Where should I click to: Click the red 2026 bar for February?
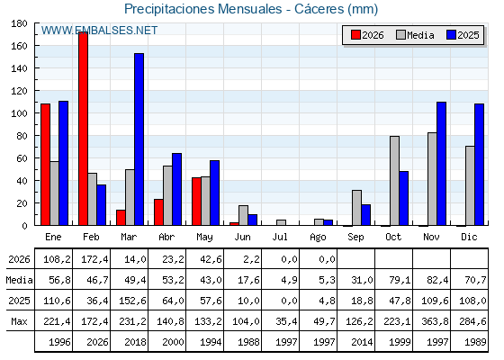click(83, 129)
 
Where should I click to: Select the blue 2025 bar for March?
click(139, 139)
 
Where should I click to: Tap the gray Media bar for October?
click(394, 181)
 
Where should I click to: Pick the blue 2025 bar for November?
click(441, 164)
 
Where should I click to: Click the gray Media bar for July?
click(281, 222)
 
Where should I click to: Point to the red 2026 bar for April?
click(158, 212)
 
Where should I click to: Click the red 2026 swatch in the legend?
click(355, 35)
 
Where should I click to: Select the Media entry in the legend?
click(415, 35)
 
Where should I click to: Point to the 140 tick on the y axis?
click(35, 68)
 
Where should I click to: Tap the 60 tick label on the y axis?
click(22, 158)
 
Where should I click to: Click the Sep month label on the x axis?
click(355, 237)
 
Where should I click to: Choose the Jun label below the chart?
click(242, 237)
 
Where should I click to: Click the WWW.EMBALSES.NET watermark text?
click(99, 31)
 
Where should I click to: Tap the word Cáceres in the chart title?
click(319, 9)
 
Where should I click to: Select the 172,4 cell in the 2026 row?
click(94, 259)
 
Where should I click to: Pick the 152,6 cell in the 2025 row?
click(132, 301)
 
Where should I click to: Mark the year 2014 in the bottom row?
click(362, 342)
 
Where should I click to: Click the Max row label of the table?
click(19, 321)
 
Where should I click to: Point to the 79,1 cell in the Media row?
click(400, 280)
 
